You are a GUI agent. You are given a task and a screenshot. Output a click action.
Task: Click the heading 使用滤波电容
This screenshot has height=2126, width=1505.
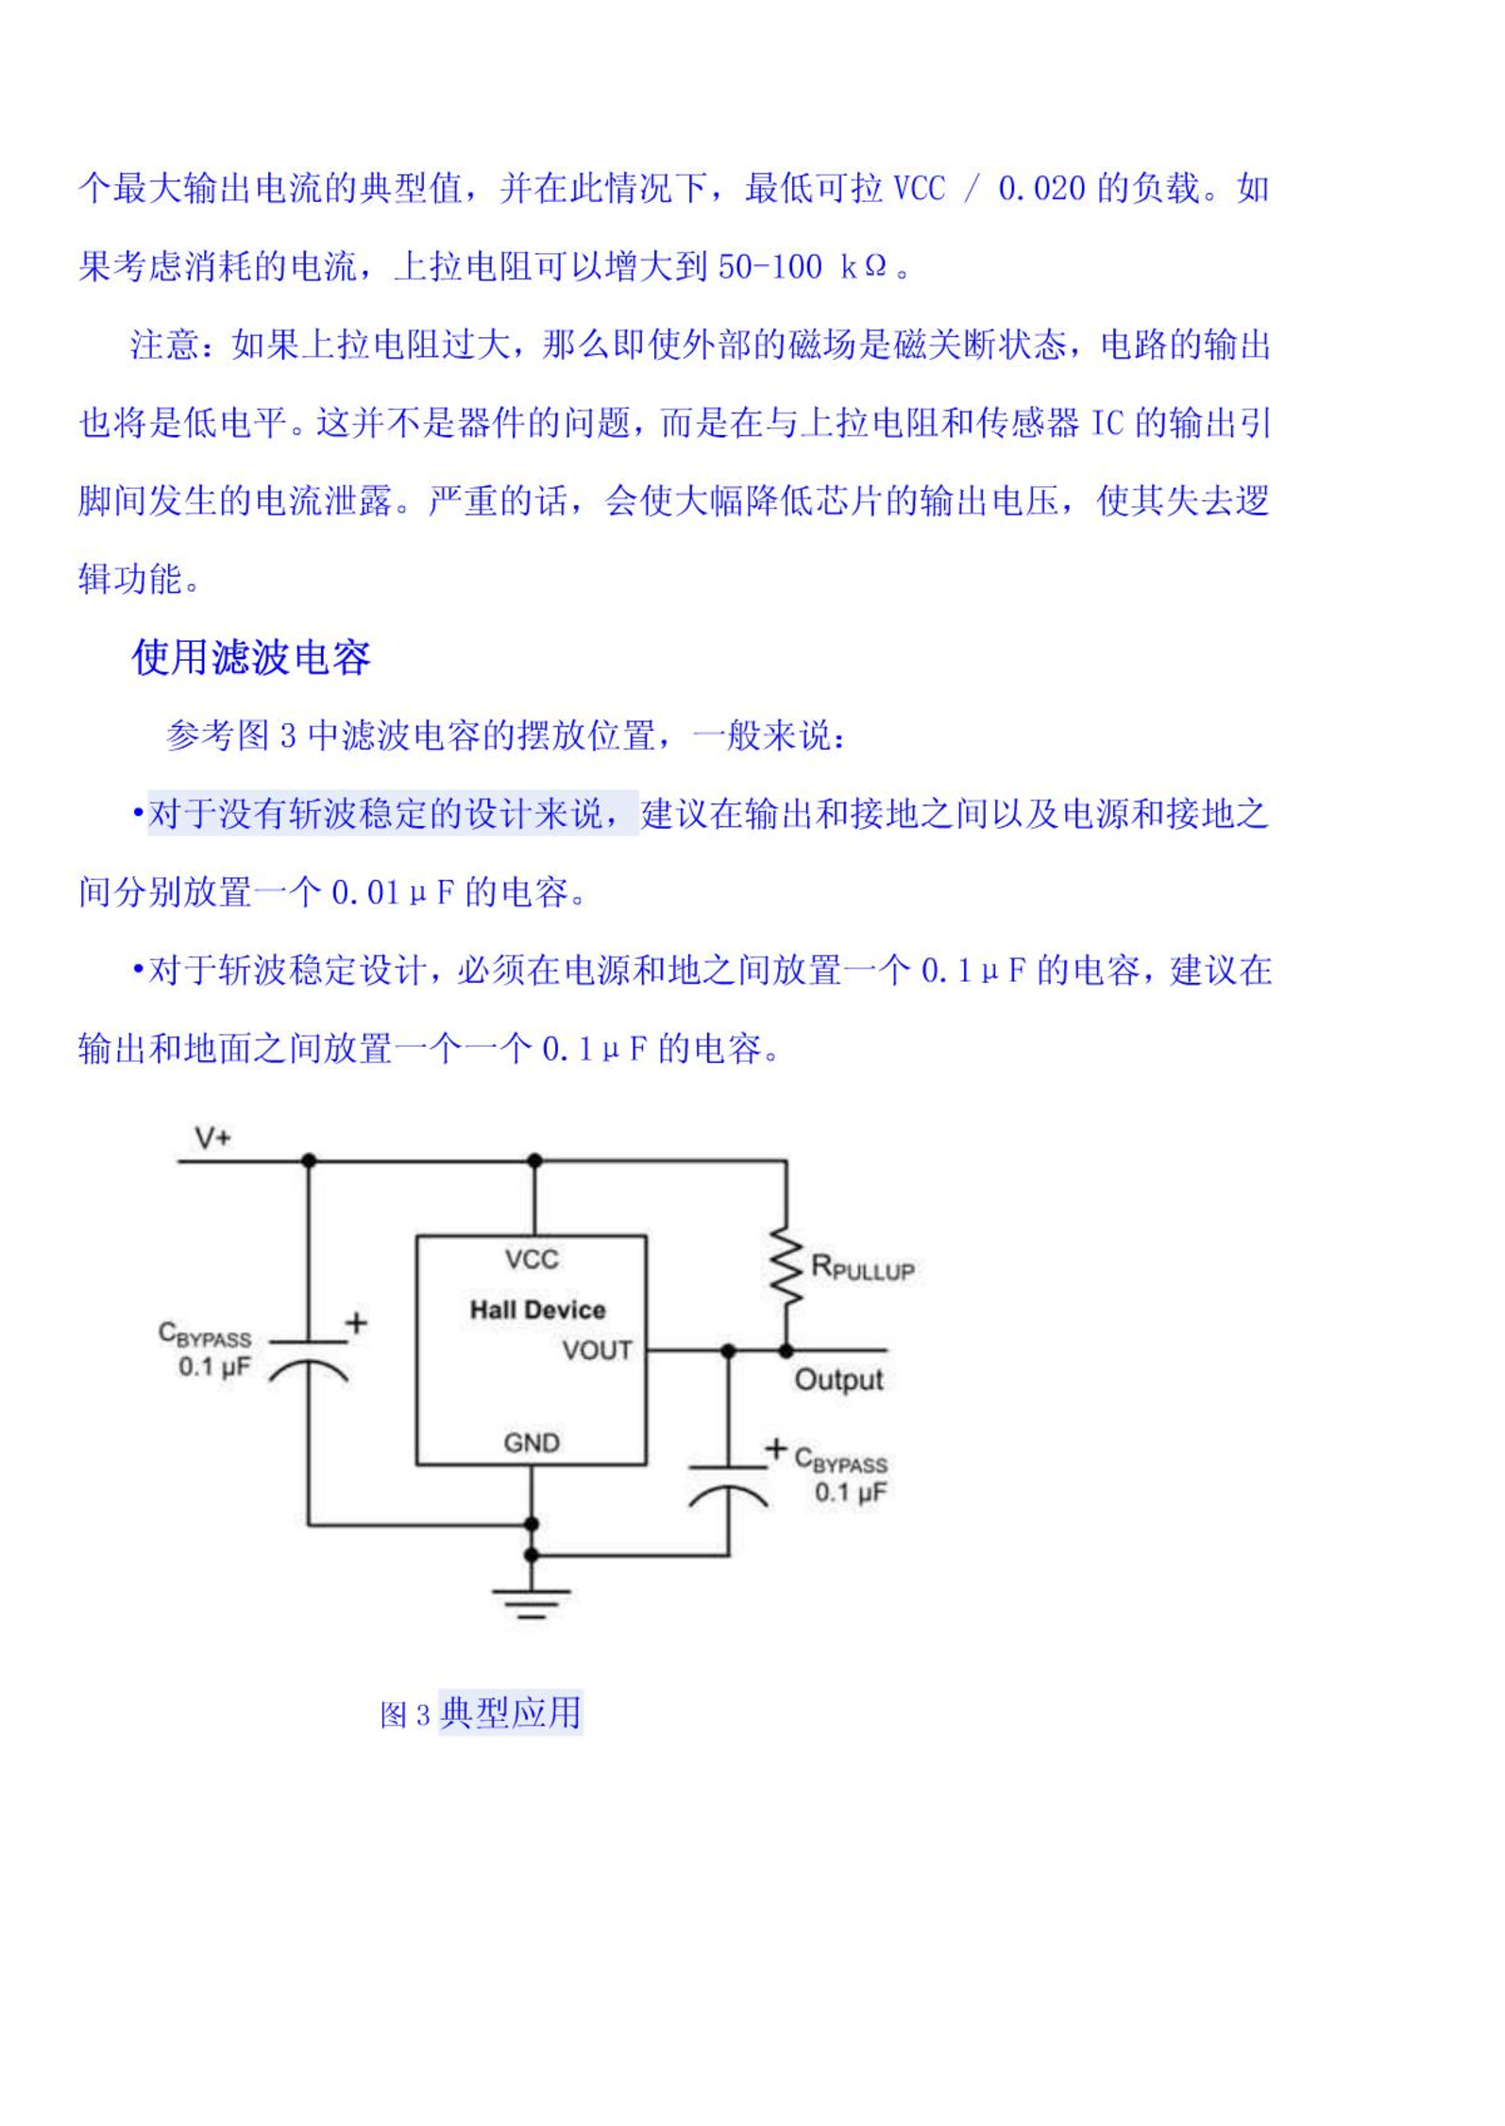[x=251, y=657]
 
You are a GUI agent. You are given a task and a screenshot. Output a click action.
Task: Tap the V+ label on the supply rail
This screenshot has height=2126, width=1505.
[x=212, y=1138]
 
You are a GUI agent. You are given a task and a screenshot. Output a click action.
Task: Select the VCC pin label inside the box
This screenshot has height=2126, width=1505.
[x=532, y=1259]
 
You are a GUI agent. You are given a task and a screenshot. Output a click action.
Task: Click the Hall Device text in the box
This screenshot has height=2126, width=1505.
[x=537, y=1310]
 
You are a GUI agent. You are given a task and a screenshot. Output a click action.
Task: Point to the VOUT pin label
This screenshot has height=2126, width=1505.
[x=598, y=1350]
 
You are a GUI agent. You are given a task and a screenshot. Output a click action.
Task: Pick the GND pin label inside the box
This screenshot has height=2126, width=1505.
[x=532, y=1443]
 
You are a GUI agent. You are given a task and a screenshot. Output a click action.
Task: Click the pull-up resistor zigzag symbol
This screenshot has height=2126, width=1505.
[x=786, y=1268]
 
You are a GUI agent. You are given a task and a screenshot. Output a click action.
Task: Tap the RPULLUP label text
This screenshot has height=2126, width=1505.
[x=863, y=1268]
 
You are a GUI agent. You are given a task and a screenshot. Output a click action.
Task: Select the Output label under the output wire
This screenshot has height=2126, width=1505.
[x=838, y=1380]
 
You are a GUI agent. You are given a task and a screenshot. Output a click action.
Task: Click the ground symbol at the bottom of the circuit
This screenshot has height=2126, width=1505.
[x=532, y=1604]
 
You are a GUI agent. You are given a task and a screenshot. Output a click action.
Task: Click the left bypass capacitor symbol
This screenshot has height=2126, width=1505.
[x=309, y=1356]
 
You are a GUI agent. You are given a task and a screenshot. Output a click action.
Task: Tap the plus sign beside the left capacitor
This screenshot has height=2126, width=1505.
[x=356, y=1323]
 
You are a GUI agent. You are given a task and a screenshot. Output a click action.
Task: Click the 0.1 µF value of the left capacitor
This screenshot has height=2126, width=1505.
[x=214, y=1366]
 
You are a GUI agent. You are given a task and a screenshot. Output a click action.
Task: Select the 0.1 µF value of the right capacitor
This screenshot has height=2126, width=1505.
[x=851, y=1492]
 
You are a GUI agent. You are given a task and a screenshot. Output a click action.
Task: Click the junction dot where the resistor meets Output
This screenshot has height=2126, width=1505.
[x=786, y=1351]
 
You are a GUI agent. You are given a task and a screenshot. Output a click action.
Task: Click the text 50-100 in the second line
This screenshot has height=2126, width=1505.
[x=769, y=267]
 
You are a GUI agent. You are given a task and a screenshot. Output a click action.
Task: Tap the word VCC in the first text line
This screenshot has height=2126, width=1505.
[x=919, y=189]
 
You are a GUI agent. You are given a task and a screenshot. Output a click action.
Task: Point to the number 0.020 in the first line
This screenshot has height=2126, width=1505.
[x=1041, y=189]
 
